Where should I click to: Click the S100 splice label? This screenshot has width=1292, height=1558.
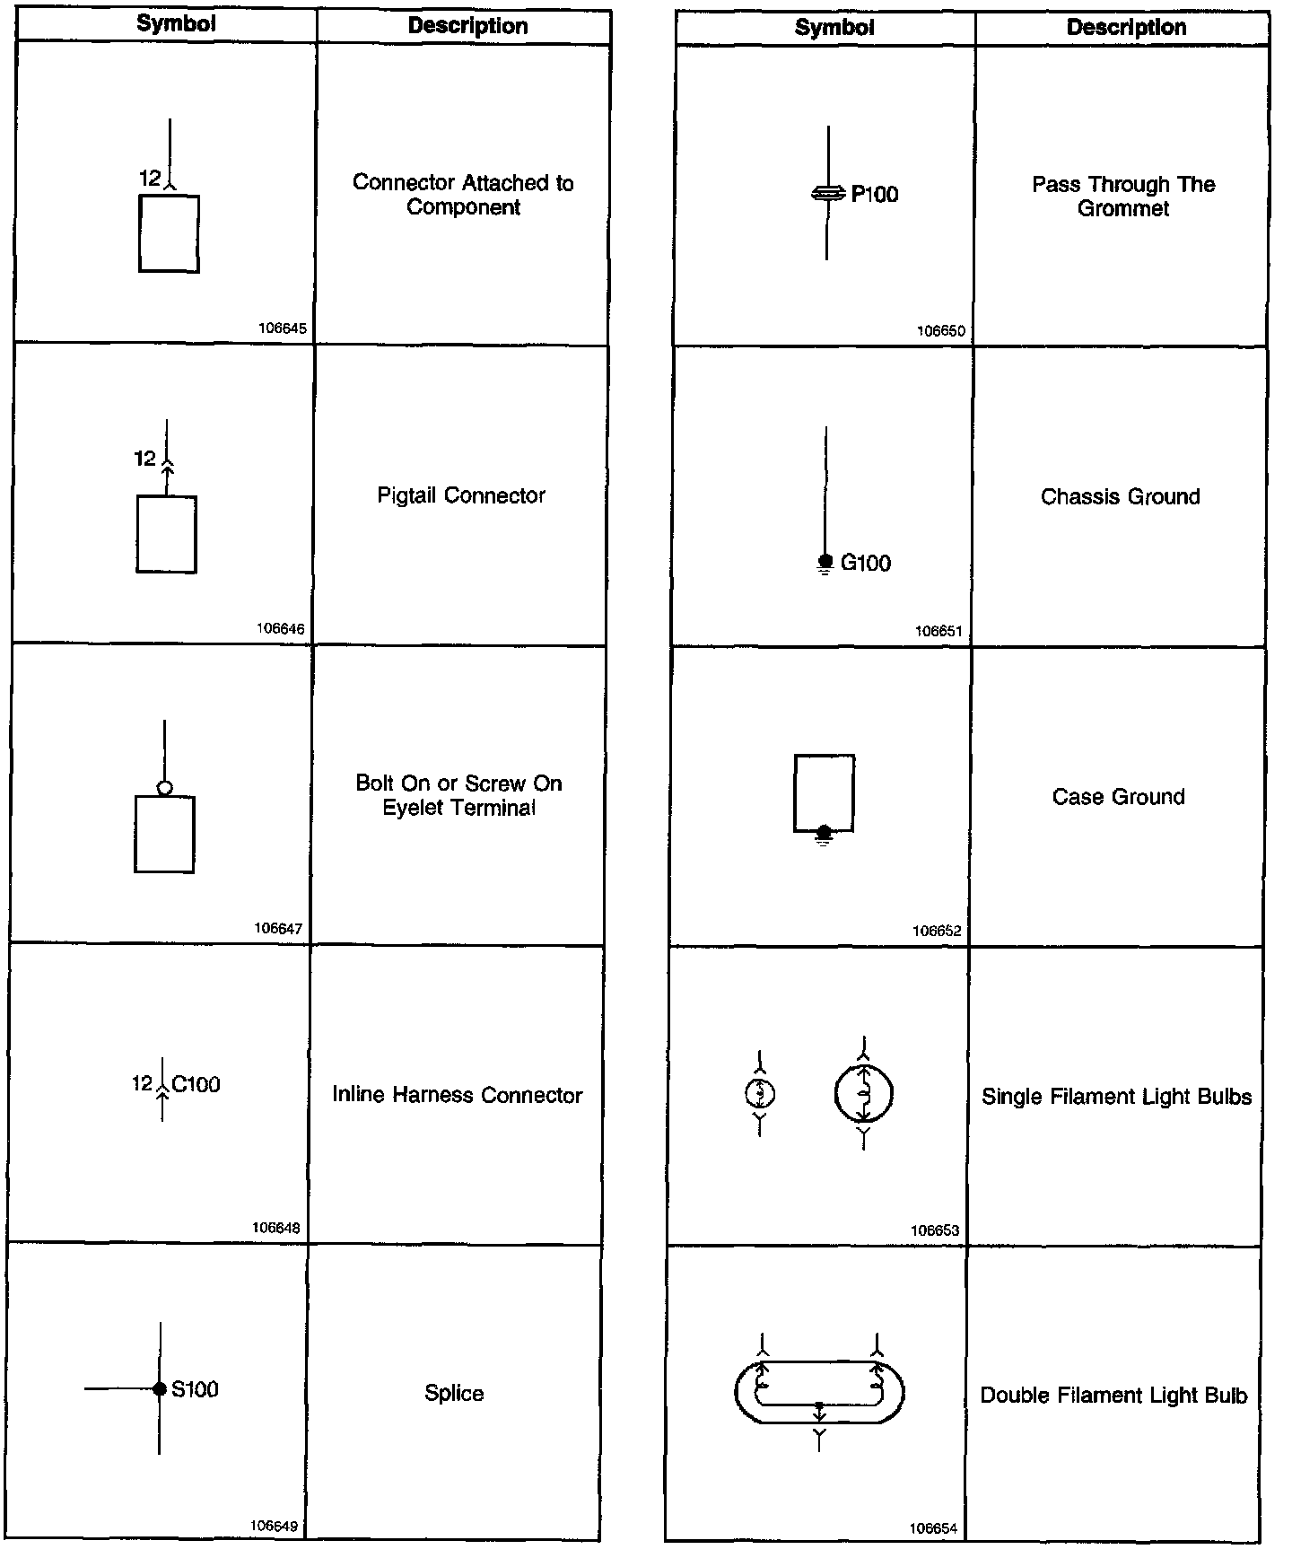point(195,1389)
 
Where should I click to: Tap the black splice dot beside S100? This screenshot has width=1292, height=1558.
point(160,1389)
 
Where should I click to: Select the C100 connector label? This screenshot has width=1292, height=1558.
point(196,1085)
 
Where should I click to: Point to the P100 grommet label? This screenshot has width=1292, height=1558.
point(874,195)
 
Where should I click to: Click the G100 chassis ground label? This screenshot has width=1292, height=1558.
point(866,564)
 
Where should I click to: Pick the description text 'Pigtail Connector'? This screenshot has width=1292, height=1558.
point(461,495)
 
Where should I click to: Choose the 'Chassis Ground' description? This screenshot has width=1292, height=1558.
point(1120,497)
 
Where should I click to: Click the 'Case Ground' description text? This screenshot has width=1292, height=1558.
point(1118,797)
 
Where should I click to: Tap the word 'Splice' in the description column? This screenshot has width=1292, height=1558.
point(454,1393)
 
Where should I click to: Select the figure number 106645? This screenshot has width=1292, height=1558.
point(283,328)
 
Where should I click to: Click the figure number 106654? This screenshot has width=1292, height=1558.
point(933,1528)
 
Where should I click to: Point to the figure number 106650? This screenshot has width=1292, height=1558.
point(940,331)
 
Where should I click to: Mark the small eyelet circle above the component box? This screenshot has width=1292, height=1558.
point(164,789)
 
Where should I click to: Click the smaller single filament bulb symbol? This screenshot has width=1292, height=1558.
point(760,1094)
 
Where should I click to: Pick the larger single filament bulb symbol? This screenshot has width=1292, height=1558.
point(863,1094)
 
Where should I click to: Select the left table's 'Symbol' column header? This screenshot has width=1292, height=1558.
point(176,24)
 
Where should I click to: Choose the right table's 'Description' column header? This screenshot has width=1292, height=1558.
point(1126,28)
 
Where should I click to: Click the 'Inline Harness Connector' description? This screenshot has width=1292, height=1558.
point(458,1095)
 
